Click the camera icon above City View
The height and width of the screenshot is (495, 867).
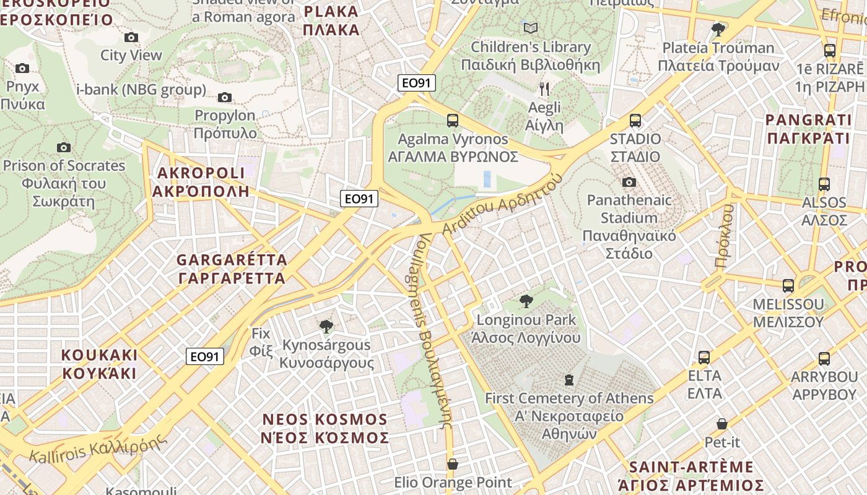pos(131,37)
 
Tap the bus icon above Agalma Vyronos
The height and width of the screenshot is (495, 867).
pos(453,121)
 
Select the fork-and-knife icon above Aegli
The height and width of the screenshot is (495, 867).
pos(544,89)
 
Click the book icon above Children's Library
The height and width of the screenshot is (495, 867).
pos(531,28)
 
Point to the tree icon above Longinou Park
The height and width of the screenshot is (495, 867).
pos(526,301)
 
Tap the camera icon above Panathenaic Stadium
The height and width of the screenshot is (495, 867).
pos(629,182)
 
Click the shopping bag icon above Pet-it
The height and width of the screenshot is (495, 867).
pos(722,424)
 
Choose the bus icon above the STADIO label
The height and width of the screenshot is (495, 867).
pos(635,121)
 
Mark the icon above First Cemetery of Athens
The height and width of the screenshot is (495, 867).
pos(569,379)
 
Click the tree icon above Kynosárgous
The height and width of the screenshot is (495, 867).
pos(326,326)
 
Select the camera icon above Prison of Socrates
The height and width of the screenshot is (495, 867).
pos(64,147)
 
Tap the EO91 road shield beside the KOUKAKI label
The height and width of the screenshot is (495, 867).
pos(205,356)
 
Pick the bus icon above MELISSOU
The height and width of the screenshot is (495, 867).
pos(788,286)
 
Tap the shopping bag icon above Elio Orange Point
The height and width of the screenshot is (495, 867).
pos(453,464)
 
